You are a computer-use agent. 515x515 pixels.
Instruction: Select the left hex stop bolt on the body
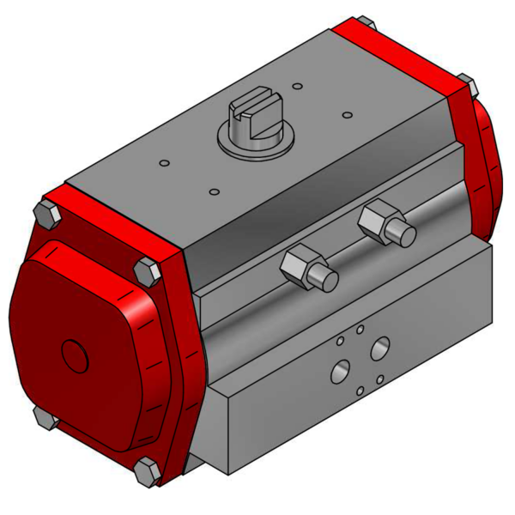(x=306, y=268)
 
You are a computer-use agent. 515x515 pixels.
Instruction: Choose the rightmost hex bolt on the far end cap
(x=466, y=83)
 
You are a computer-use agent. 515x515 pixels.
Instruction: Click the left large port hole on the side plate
(x=341, y=372)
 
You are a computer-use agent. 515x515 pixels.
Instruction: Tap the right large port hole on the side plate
(x=379, y=348)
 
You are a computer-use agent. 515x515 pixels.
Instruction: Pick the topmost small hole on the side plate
(x=360, y=329)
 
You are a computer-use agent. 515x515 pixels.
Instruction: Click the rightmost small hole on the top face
(x=347, y=114)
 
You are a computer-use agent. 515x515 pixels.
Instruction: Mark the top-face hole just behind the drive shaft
(x=296, y=86)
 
